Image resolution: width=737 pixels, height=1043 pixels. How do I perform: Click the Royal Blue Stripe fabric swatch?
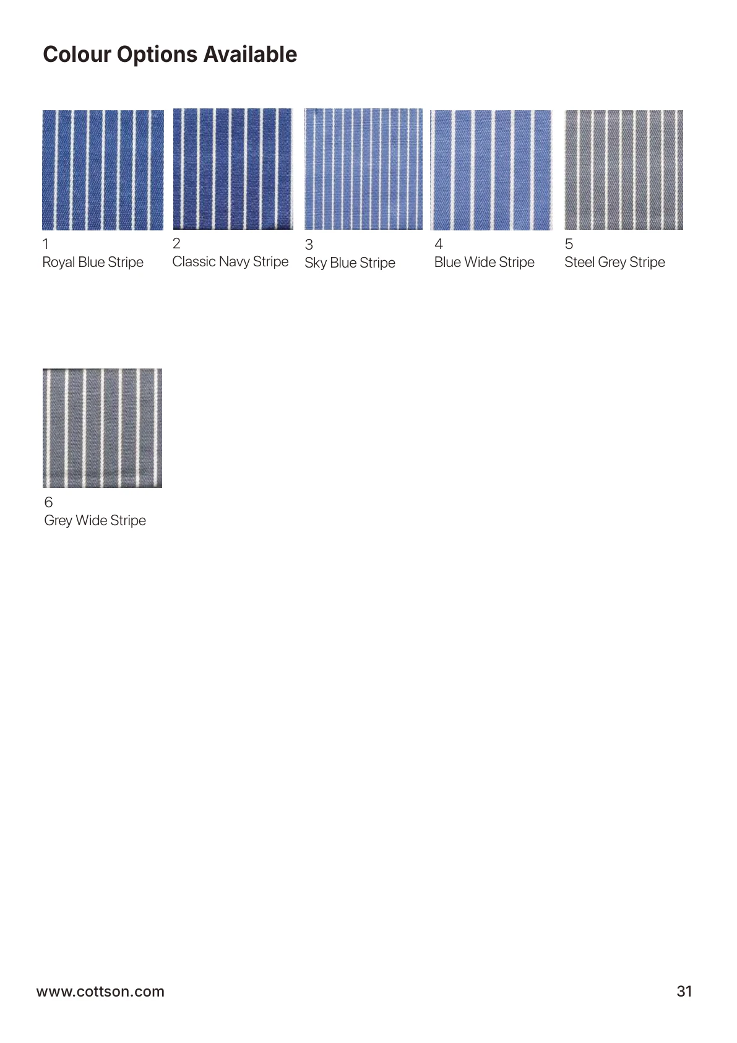(103, 170)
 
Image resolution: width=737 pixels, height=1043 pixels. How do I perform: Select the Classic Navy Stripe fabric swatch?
(233, 169)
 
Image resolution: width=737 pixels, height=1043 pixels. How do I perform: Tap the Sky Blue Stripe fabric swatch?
(363, 169)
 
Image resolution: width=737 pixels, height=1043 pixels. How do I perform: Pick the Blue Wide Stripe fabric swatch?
(491, 170)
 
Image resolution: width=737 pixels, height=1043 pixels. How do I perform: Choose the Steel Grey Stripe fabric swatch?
(624, 170)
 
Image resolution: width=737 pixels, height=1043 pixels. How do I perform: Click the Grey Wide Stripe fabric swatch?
(102, 428)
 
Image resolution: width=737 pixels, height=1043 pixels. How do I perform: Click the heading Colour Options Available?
(170, 55)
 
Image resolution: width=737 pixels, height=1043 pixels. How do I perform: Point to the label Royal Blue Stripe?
(93, 263)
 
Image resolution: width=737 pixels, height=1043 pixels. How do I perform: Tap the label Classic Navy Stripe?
(230, 262)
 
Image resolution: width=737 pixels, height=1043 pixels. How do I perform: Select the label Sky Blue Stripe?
(350, 263)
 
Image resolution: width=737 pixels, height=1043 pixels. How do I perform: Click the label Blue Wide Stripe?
(484, 263)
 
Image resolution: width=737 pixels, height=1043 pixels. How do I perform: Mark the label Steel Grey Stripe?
(614, 263)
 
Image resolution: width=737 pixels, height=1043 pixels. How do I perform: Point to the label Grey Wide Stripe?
(95, 521)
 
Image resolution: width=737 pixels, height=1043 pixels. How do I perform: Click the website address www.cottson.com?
(100, 992)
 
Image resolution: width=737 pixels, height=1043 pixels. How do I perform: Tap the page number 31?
(684, 992)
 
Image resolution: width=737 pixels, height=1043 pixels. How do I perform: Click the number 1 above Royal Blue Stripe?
(45, 244)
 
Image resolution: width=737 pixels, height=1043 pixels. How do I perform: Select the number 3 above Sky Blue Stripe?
(309, 245)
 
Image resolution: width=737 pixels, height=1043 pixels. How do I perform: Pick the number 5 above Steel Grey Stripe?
(569, 244)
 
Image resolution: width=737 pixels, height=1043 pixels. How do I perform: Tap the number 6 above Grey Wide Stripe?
(48, 502)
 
